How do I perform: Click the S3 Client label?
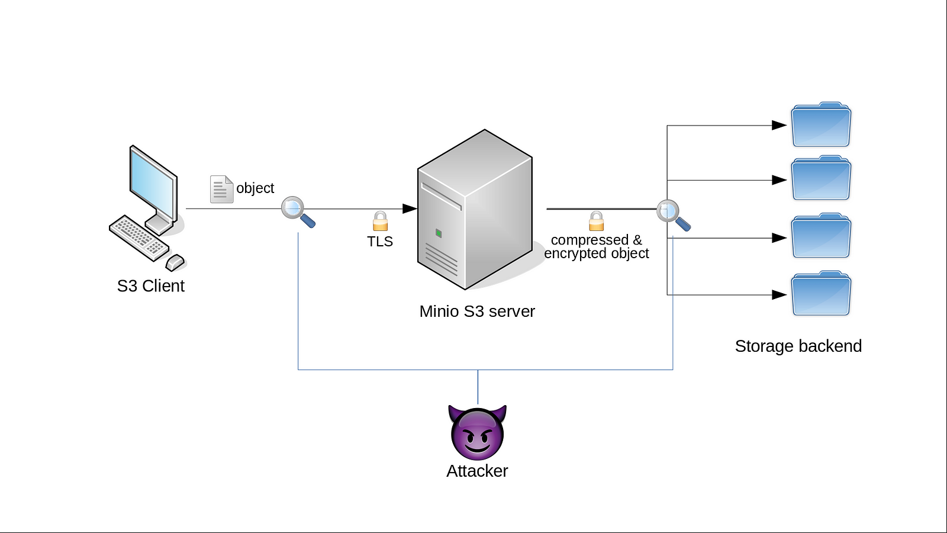(x=150, y=286)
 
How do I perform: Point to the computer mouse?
(x=175, y=262)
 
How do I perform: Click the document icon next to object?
(x=221, y=190)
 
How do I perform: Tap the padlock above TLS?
(x=381, y=221)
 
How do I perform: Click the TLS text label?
(x=380, y=242)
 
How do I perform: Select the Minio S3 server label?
(x=477, y=312)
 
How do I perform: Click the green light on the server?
(x=439, y=233)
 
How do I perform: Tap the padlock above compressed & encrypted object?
(x=597, y=221)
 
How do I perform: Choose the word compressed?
(x=590, y=240)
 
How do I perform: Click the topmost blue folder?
(x=821, y=125)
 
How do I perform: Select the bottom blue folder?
(x=821, y=294)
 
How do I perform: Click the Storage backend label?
(x=798, y=346)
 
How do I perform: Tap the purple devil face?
(x=477, y=432)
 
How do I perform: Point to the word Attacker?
(x=477, y=471)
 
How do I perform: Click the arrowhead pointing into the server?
(x=410, y=208)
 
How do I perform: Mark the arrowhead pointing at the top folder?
(x=779, y=126)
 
